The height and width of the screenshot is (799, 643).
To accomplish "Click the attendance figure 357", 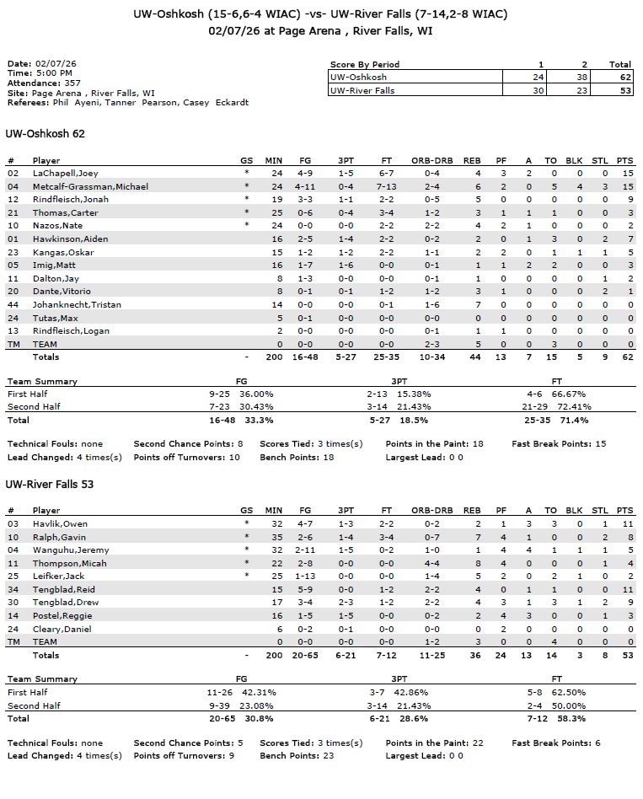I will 72,83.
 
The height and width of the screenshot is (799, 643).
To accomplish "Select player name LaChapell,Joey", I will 61,173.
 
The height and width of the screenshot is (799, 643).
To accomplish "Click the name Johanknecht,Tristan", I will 75,304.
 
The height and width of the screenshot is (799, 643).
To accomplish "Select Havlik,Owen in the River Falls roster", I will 60,523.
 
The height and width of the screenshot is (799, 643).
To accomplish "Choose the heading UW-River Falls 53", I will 50,485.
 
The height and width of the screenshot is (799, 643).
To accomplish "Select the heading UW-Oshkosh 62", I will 45,134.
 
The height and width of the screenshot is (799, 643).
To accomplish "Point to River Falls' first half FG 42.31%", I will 259,692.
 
